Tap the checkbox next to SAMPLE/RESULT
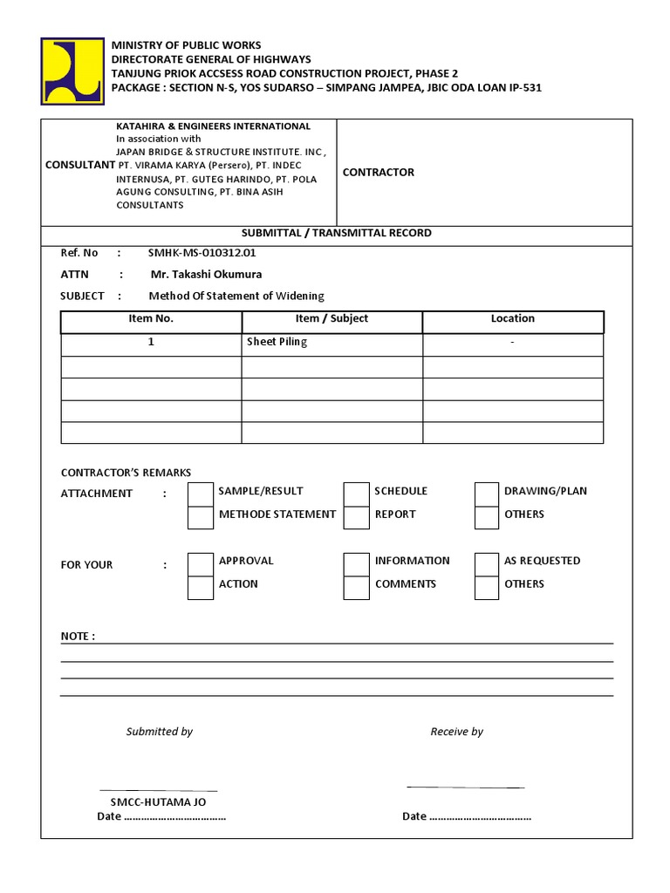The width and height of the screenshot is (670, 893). click(201, 494)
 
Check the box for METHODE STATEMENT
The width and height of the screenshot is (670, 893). click(201, 517)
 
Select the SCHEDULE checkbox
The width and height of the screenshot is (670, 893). click(356, 494)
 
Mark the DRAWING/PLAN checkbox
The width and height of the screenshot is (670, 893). click(487, 494)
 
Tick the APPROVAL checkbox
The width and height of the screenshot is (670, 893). click(201, 563)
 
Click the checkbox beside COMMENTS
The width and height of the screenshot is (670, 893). click(356, 587)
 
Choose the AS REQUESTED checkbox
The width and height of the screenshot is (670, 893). click(487, 563)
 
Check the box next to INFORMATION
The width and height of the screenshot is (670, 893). click(356, 563)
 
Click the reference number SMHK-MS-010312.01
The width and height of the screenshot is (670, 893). click(202, 253)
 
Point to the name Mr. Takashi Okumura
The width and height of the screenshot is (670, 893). click(206, 275)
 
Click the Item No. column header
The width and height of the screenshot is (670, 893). click(151, 319)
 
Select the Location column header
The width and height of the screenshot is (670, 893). click(513, 319)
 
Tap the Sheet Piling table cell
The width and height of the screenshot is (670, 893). click(277, 342)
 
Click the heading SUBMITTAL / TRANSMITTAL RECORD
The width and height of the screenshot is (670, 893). click(336, 234)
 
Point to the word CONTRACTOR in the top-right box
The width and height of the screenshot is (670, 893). click(379, 173)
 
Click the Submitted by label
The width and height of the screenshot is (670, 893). click(160, 732)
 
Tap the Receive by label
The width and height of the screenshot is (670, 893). click(456, 732)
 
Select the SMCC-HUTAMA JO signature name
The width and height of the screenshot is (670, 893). click(159, 801)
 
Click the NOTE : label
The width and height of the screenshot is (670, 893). click(78, 637)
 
